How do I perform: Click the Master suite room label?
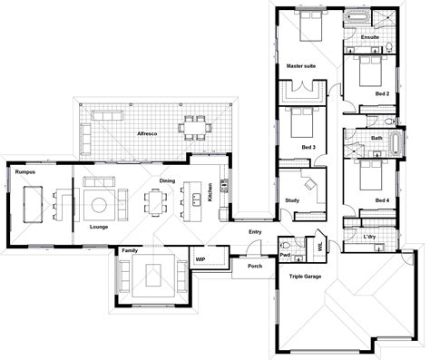pyautogui.click(x=300, y=66)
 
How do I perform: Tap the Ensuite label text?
pyautogui.click(x=369, y=37)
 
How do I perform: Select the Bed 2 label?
pyautogui.click(x=382, y=93)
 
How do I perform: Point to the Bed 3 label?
pyautogui.click(x=308, y=146)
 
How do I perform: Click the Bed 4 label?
pyautogui.click(x=382, y=199)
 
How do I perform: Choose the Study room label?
pyautogui.click(x=291, y=200)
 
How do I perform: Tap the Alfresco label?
pyautogui.click(x=148, y=132)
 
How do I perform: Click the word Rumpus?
pyautogui.click(x=24, y=169)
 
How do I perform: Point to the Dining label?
pyautogui.click(x=167, y=180)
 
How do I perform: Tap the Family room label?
pyautogui.click(x=130, y=248)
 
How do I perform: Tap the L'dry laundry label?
pyautogui.click(x=369, y=237)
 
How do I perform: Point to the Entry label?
pyautogui.click(x=255, y=232)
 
